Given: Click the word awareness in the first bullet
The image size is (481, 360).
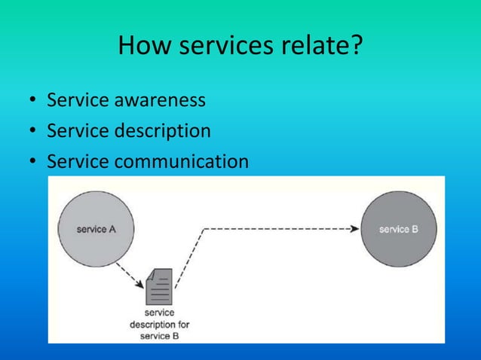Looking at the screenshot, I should point(159,100).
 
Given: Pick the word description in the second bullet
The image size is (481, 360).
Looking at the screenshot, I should point(162,131).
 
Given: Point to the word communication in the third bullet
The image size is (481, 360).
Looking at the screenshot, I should point(181,162).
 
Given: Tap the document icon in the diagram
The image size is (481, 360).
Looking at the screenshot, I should point(159,287).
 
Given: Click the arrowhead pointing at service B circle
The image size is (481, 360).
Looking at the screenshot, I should point(355,228).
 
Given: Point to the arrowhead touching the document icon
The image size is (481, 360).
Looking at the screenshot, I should point(140,283).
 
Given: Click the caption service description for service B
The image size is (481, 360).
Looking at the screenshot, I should point(159,324).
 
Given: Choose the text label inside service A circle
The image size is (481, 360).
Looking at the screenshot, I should point(96,229).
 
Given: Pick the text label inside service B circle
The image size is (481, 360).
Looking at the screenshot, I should point(399,229).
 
